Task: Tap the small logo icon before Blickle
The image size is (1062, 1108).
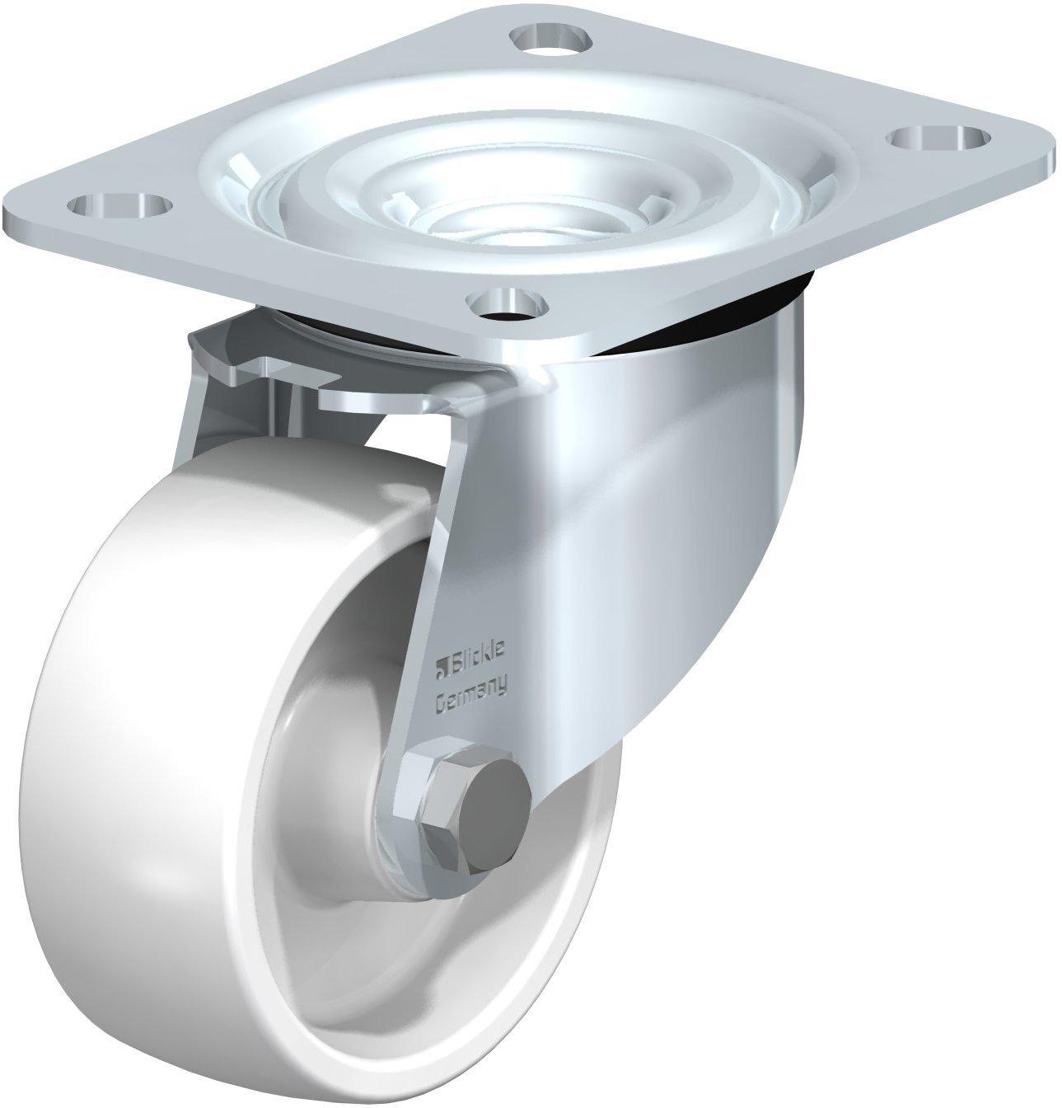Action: [x=441, y=670]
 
